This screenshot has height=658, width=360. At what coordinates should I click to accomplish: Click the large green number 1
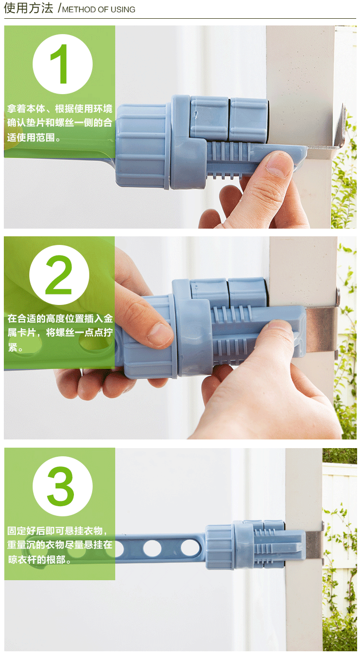[60, 64]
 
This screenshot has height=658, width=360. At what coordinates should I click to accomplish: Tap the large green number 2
[59, 275]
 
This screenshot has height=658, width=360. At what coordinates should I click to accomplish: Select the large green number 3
[60, 486]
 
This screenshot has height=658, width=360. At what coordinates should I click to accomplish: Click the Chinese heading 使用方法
[28, 8]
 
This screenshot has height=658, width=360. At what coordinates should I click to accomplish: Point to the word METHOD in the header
[79, 10]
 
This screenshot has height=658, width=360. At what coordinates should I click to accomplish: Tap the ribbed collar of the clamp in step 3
[219, 547]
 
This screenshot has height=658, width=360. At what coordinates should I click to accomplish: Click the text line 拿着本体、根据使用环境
[60, 109]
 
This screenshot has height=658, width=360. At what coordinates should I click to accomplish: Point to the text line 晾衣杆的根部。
[40, 560]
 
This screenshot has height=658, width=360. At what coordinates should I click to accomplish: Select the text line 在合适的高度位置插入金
[60, 318]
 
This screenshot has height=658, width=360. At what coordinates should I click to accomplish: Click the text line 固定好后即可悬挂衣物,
[57, 531]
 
